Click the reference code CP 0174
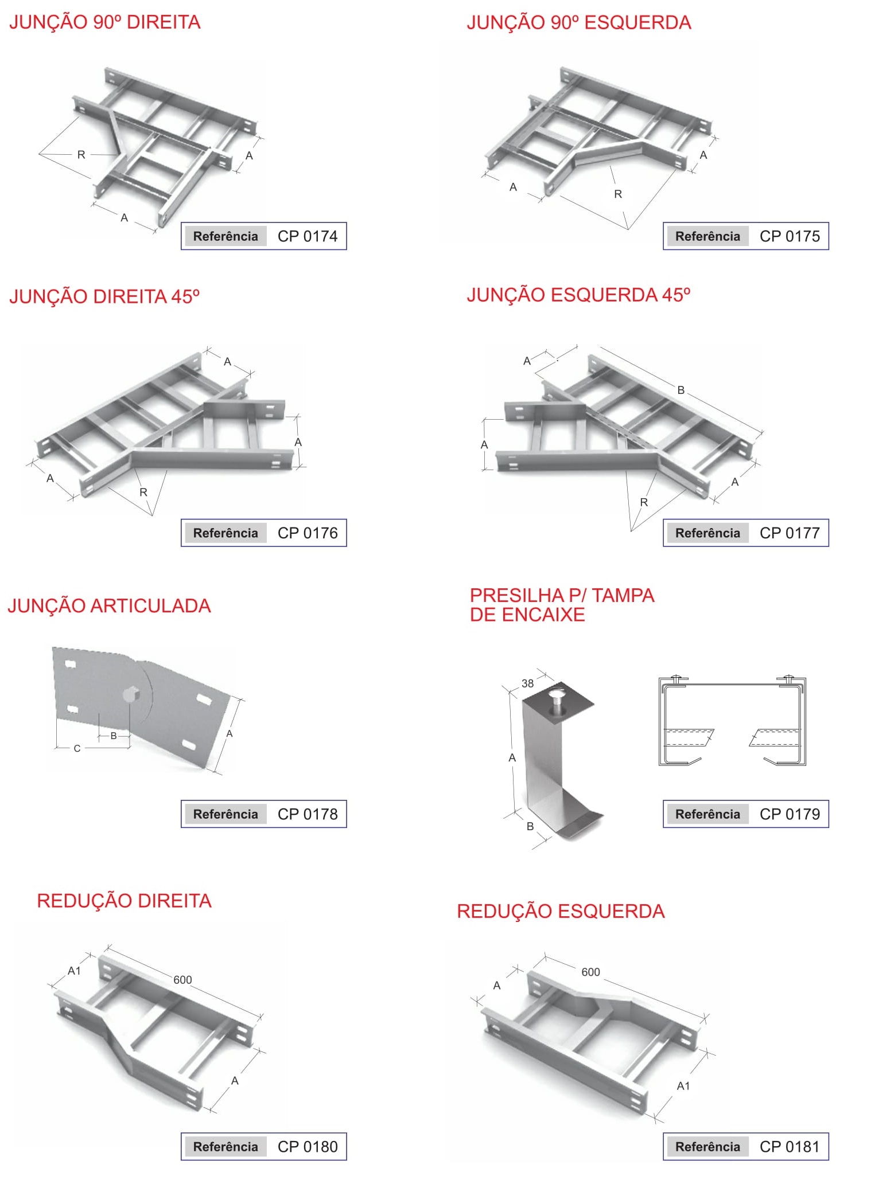(308, 236)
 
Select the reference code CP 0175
(790, 236)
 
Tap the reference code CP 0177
(790, 533)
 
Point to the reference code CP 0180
(308, 1147)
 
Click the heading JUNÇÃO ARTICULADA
(109, 606)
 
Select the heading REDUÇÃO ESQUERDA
(561, 911)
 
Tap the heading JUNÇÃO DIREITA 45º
(104, 296)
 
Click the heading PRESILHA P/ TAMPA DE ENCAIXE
(562, 605)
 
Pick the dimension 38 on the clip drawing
(527, 683)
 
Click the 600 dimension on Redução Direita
(182, 980)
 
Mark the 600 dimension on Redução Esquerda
(590, 972)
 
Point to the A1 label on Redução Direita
(74, 971)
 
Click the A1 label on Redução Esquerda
(683, 1086)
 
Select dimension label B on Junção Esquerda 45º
(681, 390)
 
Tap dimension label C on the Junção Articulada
(77, 748)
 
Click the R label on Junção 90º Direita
(81, 154)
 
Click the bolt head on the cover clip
(555, 697)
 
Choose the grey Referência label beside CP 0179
(707, 814)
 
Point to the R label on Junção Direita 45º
(143, 492)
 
